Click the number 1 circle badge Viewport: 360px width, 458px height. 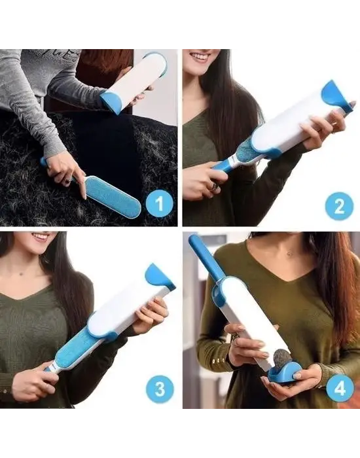[x=159, y=203]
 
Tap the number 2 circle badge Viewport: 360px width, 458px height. [x=339, y=206]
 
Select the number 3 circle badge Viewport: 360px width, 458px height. [x=160, y=389]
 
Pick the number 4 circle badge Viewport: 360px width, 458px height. [x=340, y=389]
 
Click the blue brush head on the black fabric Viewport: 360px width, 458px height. [x=113, y=194]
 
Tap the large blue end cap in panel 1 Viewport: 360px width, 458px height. [x=112, y=101]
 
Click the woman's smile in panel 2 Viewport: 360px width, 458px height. [x=201, y=56]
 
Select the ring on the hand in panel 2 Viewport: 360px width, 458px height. [x=214, y=186]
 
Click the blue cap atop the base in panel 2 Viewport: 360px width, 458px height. [x=335, y=96]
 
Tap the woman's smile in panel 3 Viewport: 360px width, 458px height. [x=41, y=236]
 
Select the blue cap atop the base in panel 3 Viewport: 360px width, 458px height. [x=158, y=277]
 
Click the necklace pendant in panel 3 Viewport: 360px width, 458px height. [x=21, y=273]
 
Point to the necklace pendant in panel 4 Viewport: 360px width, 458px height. [x=289, y=253]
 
